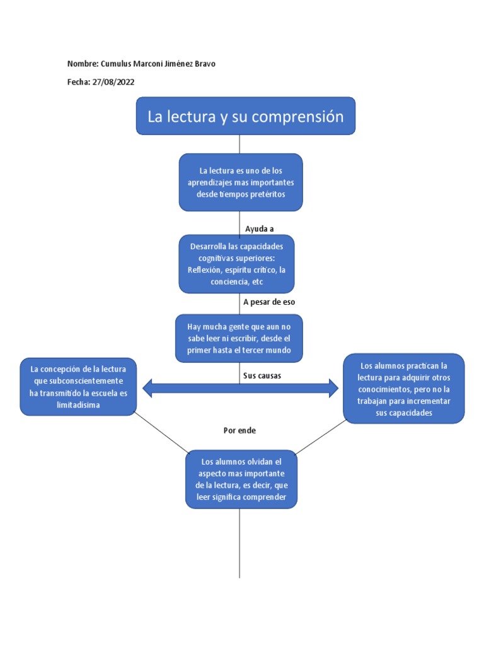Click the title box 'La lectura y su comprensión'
click(x=245, y=116)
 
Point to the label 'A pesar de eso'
click(x=269, y=302)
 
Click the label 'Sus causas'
click(x=262, y=376)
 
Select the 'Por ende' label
click(x=239, y=430)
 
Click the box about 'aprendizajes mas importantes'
click(x=240, y=182)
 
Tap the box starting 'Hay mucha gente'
click(x=239, y=339)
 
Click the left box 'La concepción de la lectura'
click(x=78, y=387)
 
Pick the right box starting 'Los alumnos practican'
click(x=403, y=388)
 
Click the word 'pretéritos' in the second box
click(x=267, y=194)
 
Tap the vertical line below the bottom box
click(x=240, y=543)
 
